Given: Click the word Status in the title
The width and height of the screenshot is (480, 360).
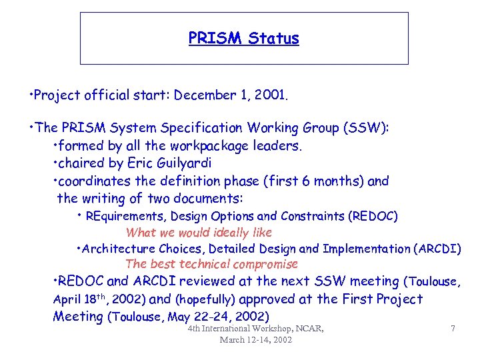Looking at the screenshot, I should [x=273, y=39].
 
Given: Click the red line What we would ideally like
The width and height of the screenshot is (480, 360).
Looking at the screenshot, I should [x=199, y=233].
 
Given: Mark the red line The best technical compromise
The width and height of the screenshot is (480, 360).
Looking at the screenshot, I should [x=211, y=265].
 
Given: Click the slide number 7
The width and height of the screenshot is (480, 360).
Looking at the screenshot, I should [x=453, y=328].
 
